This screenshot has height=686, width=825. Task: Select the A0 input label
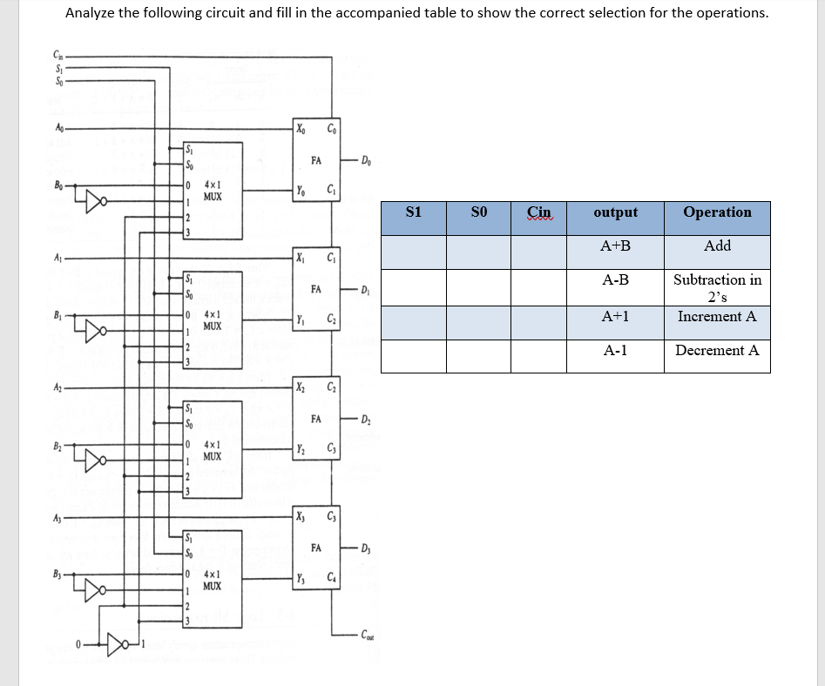(58, 128)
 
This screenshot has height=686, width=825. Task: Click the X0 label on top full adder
(301, 131)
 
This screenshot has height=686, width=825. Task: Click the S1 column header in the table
(414, 212)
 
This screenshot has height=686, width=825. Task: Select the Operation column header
(717, 212)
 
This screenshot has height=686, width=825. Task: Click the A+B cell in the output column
(615, 246)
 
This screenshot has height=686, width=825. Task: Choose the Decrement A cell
(717, 351)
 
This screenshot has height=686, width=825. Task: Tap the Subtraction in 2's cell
(717, 288)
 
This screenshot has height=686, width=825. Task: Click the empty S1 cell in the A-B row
(414, 287)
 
